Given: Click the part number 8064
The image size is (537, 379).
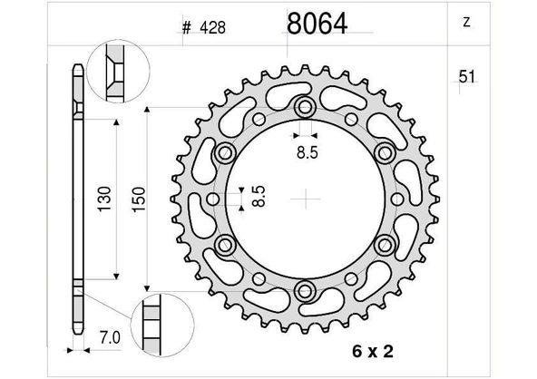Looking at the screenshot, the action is click(x=317, y=24).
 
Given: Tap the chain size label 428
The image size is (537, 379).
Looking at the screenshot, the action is click(x=212, y=28).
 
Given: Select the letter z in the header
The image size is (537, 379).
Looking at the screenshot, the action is click(x=466, y=23).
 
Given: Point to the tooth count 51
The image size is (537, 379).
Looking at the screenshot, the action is click(x=467, y=77).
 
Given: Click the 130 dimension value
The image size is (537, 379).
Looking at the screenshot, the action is click(x=104, y=199).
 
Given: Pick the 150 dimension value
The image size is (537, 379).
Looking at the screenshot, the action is click(x=139, y=199).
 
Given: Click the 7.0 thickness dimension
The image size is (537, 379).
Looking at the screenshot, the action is click(x=110, y=338).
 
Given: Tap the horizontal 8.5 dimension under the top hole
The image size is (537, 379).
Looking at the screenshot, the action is click(x=308, y=152).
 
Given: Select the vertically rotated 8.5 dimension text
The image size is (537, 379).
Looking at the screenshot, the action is click(x=259, y=196).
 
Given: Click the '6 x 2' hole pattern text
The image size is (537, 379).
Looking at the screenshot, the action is click(x=373, y=351).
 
